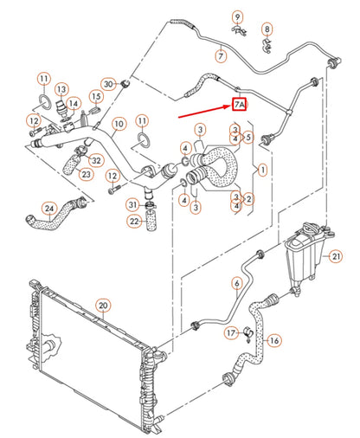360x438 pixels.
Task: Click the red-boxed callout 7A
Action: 240,105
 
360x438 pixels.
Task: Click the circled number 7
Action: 222,55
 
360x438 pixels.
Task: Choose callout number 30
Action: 108,84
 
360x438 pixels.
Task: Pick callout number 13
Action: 62,90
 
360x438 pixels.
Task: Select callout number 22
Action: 134,222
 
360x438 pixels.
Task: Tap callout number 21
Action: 337,256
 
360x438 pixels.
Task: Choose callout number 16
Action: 273,340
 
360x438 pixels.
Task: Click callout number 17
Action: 231,332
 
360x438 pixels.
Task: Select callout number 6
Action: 235,283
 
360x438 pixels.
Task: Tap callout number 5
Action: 248,136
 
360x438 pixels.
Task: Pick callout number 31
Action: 132,204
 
